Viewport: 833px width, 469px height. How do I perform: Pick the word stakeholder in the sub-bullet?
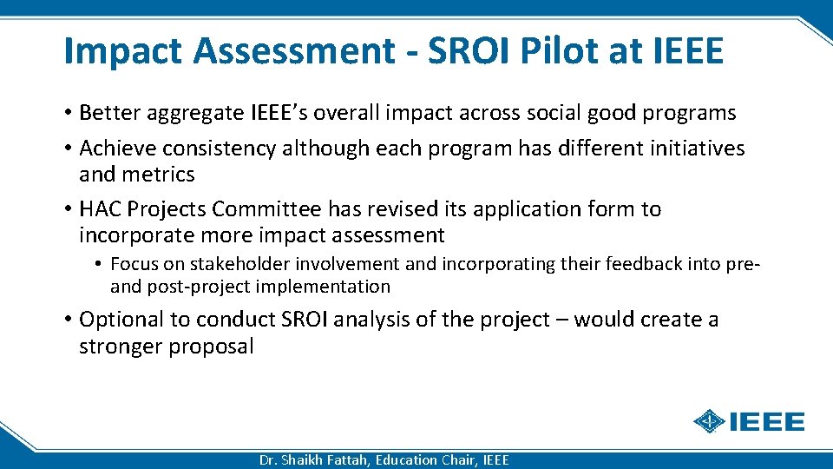click(227, 264)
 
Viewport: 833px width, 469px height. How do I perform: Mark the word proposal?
click(213, 347)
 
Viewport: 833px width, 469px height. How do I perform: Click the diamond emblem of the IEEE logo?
click(710, 422)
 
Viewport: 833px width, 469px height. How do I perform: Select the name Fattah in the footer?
click(346, 460)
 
